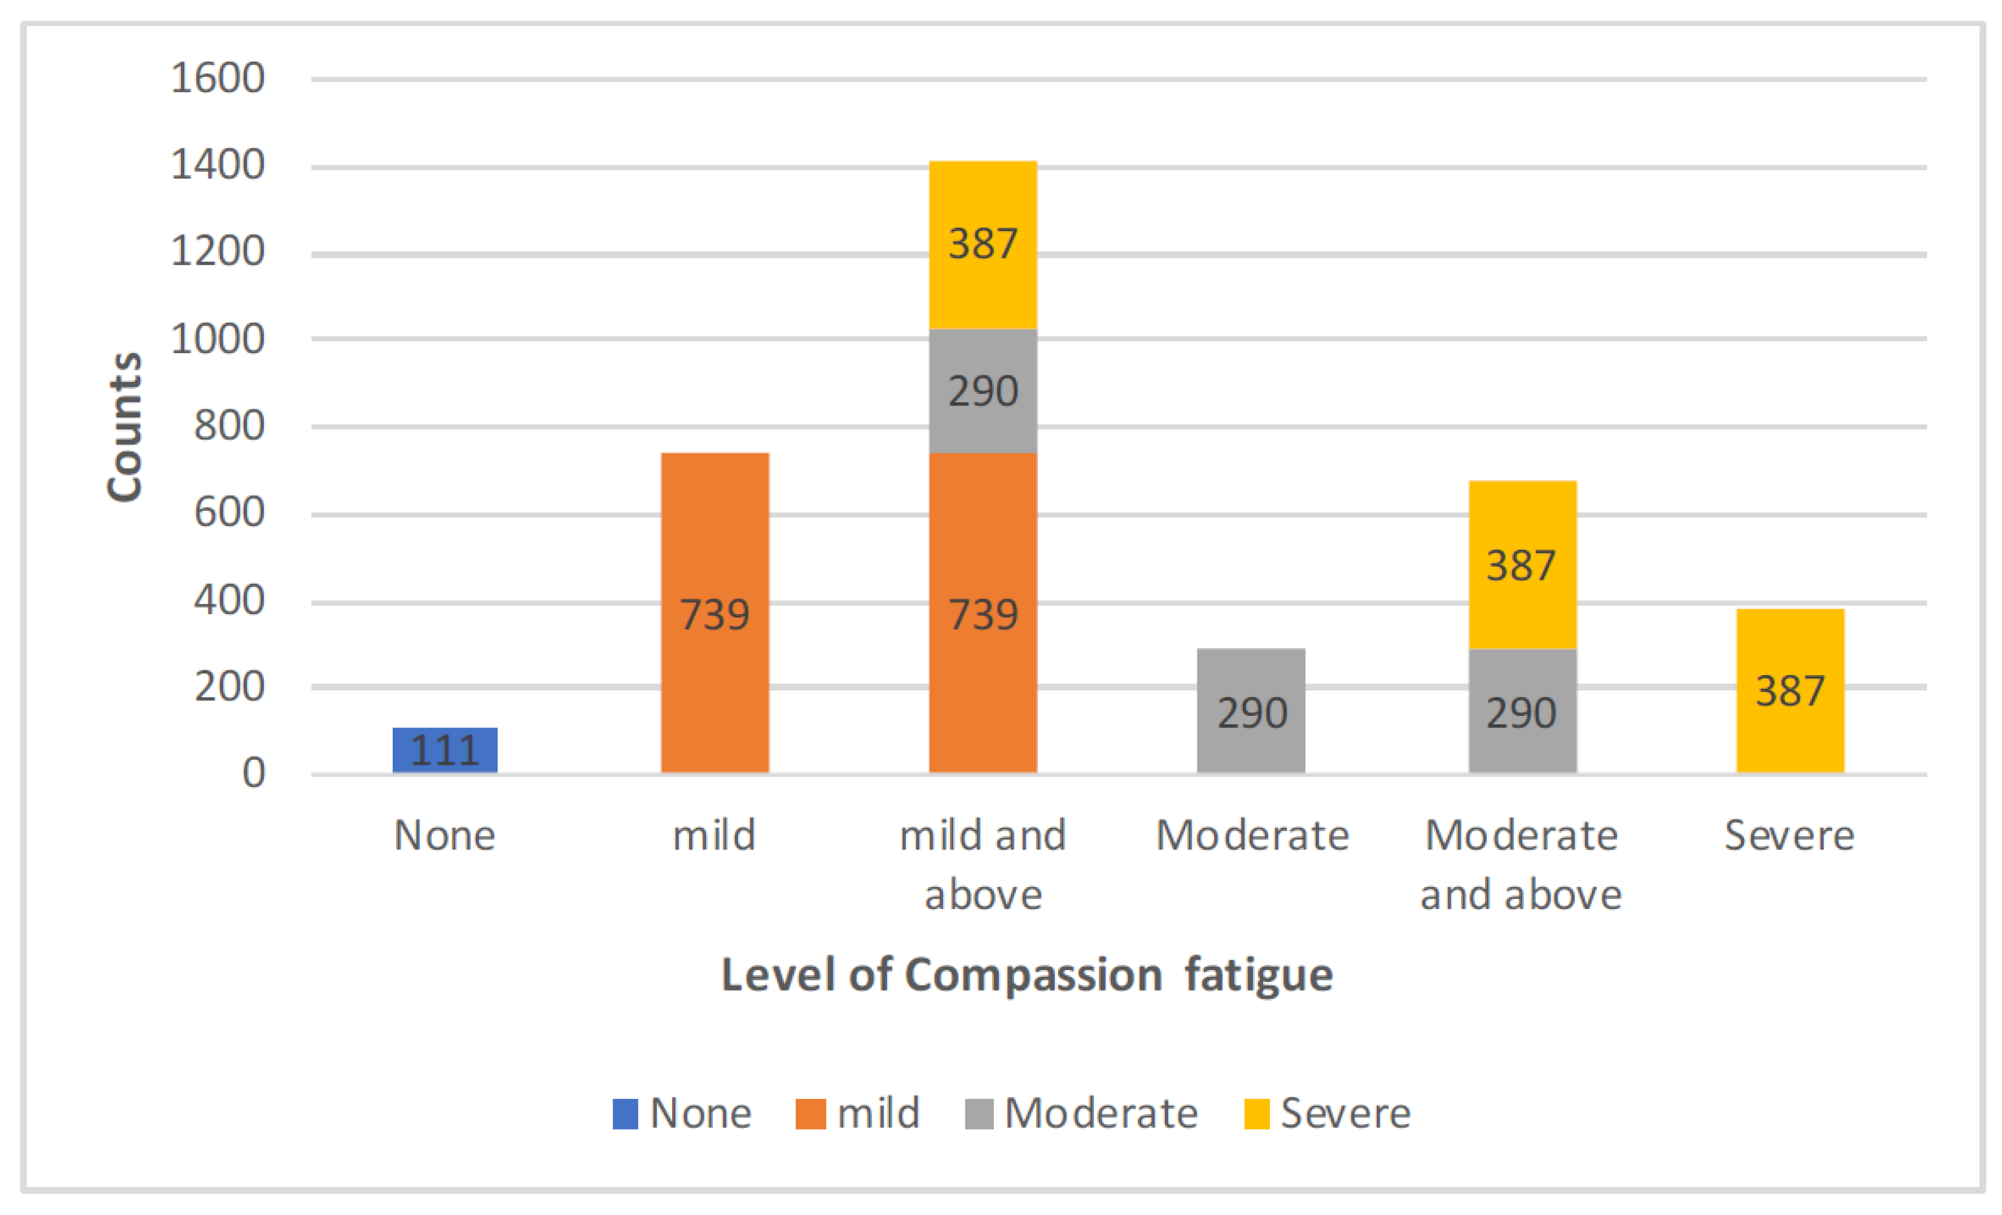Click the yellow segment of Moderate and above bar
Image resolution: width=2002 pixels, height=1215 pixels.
[x=1522, y=564]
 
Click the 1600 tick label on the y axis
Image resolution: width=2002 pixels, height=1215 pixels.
[x=217, y=79]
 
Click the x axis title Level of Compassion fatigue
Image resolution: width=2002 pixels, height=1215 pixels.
[x=1027, y=975]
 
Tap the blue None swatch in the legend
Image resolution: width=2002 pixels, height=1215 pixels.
[x=625, y=1113]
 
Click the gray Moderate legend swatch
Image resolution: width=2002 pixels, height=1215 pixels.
[x=978, y=1113]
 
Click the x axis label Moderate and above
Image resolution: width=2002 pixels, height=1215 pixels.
[x=1521, y=864]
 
